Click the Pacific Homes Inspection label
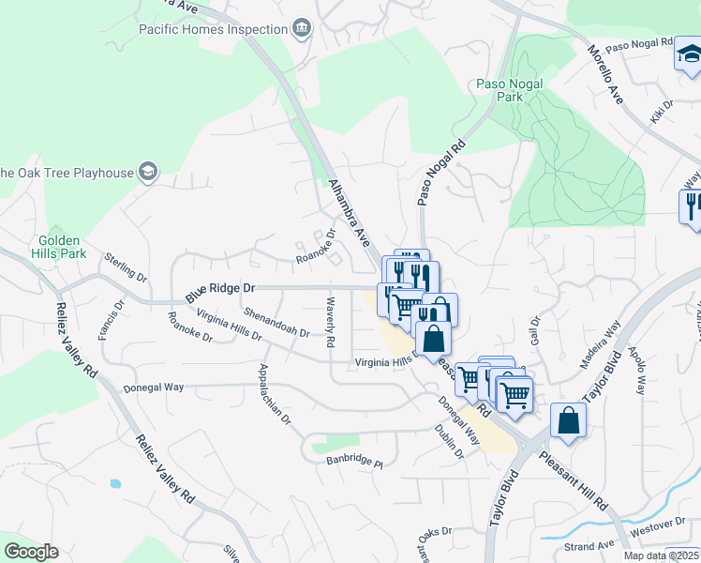pyautogui.click(x=213, y=29)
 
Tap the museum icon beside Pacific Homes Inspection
pyautogui.click(x=301, y=29)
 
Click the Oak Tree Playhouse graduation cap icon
pyautogui.click(x=147, y=172)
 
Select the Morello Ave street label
pyautogui.click(x=605, y=75)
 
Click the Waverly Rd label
pyautogui.click(x=329, y=324)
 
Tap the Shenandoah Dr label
pyautogui.click(x=276, y=322)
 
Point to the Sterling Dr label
pyautogui.click(x=127, y=267)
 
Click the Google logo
pyautogui.click(x=31, y=551)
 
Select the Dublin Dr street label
pyautogui.click(x=451, y=440)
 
